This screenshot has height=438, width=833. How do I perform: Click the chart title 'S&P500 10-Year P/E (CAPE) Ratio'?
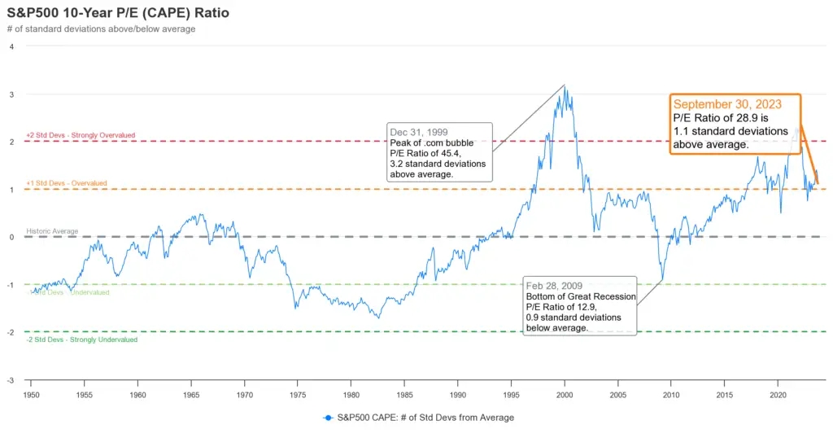click(118, 14)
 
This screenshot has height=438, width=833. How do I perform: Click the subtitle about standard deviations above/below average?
click(101, 29)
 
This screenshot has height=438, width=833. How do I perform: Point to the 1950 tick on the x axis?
click(30, 395)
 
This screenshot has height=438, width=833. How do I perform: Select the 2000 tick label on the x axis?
click(565, 395)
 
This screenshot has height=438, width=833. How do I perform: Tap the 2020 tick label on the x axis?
click(778, 395)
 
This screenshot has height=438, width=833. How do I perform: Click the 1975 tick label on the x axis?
click(298, 395)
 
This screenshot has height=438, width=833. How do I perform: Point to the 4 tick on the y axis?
click(11, 46)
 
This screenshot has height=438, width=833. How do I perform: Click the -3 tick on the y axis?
click(11, 380)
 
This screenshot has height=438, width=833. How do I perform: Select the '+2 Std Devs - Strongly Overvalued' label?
click(81, 135)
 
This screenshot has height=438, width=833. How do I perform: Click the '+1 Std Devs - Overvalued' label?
click(66, 183)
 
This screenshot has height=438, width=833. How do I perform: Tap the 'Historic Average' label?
click(52, 231)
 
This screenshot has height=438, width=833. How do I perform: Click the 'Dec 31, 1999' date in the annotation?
click(419, 132)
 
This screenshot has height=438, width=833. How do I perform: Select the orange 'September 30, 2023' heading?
click(727, 104)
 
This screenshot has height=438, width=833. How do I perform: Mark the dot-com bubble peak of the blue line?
click(565, 89)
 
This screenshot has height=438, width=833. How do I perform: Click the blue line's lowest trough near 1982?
click(378, 317)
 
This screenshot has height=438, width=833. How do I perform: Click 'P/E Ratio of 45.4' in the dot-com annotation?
click(425, 153)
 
